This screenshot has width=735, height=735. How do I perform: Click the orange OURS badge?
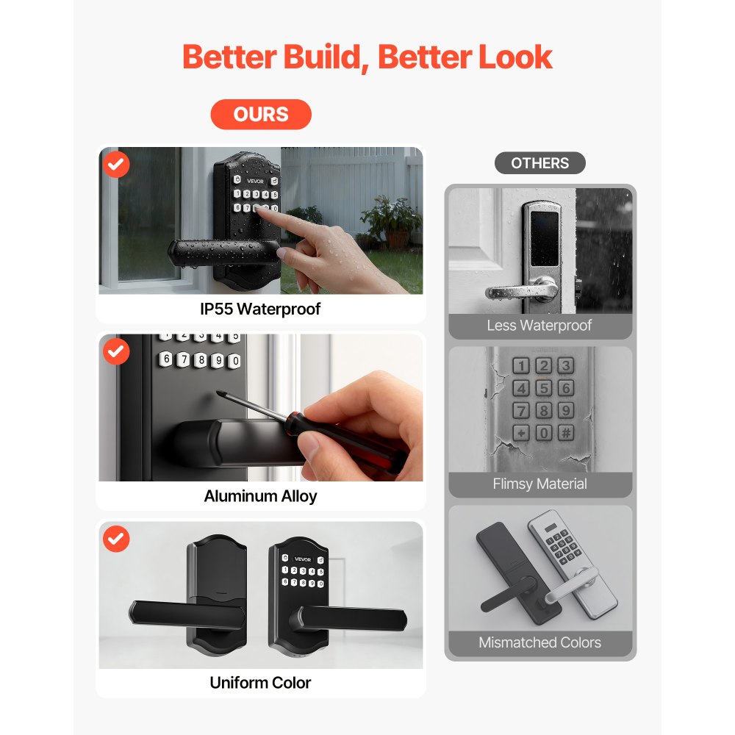261,115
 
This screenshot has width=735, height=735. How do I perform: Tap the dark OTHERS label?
540,163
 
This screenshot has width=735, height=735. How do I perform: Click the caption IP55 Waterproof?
260,309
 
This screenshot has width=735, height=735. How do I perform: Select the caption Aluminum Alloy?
260,496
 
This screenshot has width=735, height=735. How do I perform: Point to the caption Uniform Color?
260,682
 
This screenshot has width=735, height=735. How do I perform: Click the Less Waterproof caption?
539,325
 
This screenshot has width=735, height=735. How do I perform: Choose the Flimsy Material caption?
539,484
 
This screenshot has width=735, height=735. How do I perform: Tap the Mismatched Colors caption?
539,642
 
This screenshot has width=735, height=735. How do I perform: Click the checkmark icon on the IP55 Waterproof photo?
116,165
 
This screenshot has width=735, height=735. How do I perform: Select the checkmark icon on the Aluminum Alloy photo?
116,352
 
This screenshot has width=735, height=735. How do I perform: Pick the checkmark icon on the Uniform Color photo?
116,539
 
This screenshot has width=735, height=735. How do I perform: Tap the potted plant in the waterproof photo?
390,220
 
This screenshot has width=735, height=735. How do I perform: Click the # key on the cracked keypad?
565,433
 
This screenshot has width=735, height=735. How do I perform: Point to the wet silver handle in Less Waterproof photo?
514,290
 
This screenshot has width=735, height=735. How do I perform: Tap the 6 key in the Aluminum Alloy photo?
167,359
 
